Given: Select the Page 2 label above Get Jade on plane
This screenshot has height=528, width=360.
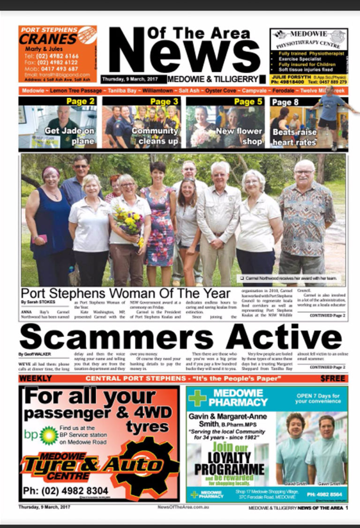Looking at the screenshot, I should [80, 102].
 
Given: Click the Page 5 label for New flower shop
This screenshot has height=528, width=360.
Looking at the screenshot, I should [248, 102].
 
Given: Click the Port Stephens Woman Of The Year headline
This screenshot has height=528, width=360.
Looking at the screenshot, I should [126, 293].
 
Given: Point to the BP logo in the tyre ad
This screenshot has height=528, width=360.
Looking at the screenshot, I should [48, 434].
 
